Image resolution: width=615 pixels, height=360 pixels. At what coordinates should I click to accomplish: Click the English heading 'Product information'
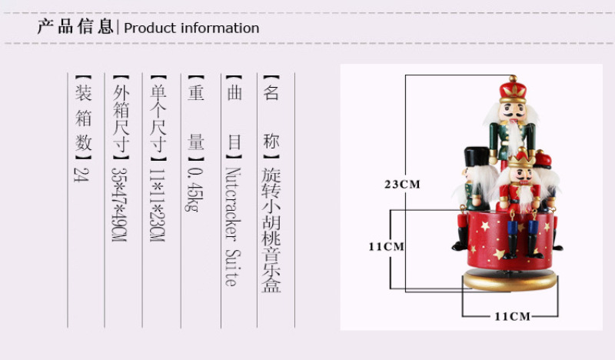point(191,28)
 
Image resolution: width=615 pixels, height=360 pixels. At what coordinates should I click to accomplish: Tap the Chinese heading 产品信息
point(75,27)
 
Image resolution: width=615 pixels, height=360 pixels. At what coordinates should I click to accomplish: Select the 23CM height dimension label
point(402,184)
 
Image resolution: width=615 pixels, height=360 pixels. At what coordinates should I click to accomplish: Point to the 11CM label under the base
point(512,316)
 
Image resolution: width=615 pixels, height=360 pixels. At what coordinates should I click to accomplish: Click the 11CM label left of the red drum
point(386,247)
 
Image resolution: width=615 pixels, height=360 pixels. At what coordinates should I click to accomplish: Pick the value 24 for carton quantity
point(81,175)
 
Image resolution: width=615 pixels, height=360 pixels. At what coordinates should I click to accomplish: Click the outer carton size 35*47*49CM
point(119,205)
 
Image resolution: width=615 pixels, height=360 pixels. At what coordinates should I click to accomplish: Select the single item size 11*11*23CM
point(158,205)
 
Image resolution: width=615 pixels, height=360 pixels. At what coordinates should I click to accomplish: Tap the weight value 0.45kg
point(195,190)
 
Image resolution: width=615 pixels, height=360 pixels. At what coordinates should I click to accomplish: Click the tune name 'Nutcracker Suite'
point(233,226)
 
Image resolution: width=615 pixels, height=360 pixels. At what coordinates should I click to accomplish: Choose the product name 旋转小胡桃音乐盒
point(271,230)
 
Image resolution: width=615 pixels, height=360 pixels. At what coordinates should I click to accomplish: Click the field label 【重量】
point(195,118)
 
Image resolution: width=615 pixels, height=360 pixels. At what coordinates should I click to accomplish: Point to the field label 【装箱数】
point(83,118)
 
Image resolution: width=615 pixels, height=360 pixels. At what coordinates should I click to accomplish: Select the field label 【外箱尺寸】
point(121,118)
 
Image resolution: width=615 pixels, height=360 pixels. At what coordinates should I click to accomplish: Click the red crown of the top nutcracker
point(513,88)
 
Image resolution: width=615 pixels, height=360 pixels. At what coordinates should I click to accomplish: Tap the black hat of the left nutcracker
point(477,157)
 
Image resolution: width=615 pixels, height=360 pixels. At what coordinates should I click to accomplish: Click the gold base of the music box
point(510,280)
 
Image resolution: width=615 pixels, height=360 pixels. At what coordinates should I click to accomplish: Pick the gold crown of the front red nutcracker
point(521,158)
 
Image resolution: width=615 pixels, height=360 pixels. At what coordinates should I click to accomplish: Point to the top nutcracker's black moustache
point(513,115)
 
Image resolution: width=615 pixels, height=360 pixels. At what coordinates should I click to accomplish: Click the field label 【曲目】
point(234,118)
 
